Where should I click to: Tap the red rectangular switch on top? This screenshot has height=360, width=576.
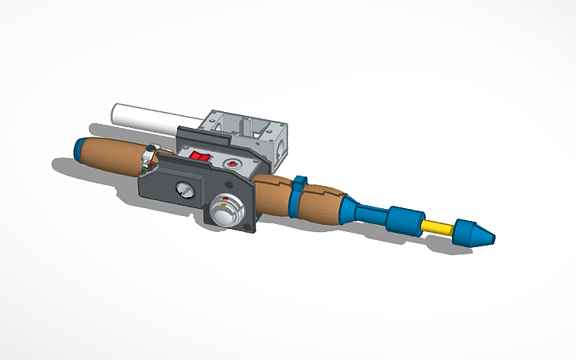[200, 157]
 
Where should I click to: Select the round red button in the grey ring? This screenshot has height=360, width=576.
[232, 165]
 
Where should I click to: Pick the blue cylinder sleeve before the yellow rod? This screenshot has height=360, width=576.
[404, 218]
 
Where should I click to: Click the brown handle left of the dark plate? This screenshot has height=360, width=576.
[111, 155]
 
